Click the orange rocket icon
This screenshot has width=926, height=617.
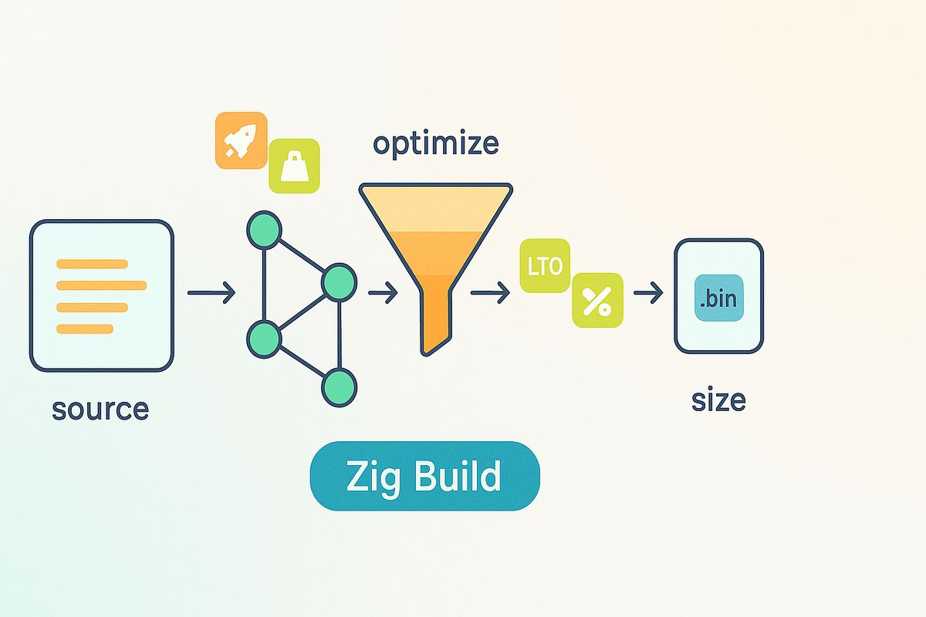click(242, 140)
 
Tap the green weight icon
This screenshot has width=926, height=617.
click(294, 166)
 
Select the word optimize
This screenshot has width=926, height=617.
click(436, 143)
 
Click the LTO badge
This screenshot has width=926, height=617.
click(545, 266)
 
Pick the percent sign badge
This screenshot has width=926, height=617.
click(597, 300)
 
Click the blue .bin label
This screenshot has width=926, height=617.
click(719, 298)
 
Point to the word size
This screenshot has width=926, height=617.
click(718, 400)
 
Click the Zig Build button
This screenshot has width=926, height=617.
click(425, 476)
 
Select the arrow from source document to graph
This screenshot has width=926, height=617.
click(211, 292)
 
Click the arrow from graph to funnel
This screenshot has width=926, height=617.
click(383, 292)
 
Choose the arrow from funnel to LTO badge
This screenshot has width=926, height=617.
click(490, 292)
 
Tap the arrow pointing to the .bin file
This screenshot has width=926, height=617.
click(648, 292)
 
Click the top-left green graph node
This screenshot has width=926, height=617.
click(264, 230)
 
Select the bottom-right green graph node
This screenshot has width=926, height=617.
click(339, 388)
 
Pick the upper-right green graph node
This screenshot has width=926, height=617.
click(339, 283)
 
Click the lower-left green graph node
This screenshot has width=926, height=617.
click(264, 339)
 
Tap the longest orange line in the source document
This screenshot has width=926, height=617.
click(101, 285)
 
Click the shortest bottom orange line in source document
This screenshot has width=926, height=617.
click(85, 329)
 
